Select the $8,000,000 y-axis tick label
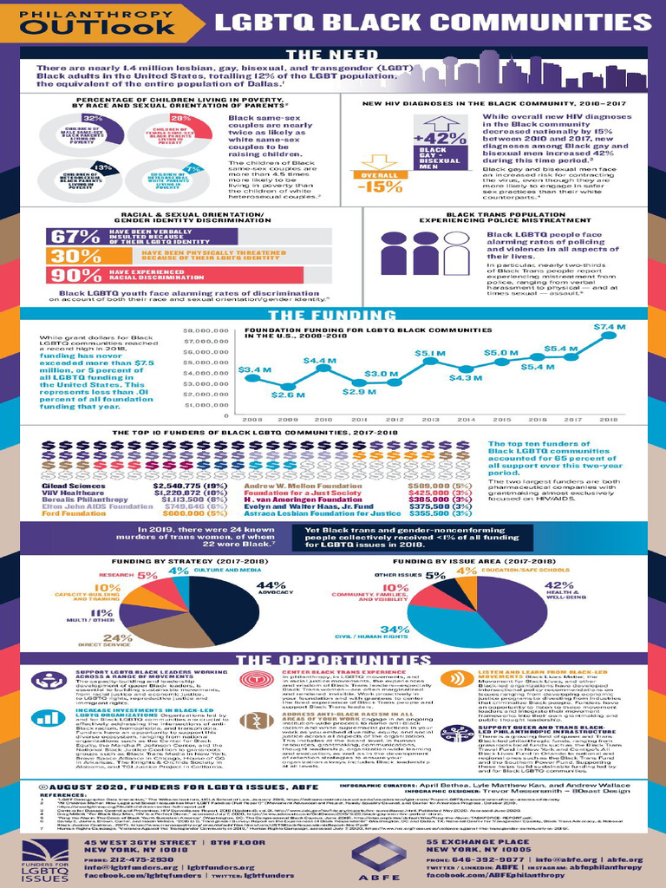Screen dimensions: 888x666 coord(207,330)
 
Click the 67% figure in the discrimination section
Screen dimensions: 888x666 coord(75,237)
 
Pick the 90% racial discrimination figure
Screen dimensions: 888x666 coord(75,275)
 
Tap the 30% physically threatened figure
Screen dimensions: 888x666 coord(75,256)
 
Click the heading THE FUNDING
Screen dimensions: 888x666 coord(333,316)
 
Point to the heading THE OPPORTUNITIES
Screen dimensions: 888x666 coord(333,661)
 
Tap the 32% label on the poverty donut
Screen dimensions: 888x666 coord(93,118)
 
